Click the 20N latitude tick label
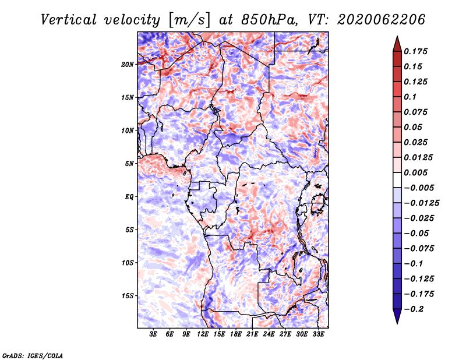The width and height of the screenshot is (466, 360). [x=128, y=65]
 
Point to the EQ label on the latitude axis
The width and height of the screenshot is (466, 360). [x=129, y=197]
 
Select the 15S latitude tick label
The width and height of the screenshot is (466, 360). [x=128, y=296]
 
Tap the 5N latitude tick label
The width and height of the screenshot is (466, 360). [x=129, y=164]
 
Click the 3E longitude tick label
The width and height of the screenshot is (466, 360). [x=153, y=334]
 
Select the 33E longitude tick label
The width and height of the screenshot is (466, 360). [x=318, y=334]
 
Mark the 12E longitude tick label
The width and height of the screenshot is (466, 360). [x=202, y=334]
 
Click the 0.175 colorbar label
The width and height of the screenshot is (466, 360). [x=415, y=51]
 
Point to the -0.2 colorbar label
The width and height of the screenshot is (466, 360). [x=414, y=309]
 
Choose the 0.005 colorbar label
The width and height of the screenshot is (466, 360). [x=415, y=172]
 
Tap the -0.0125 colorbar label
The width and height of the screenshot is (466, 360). [x=421, y=203]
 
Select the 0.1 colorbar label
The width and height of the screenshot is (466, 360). [x=410, y=97]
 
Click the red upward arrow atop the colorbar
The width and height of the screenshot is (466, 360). [x=397, y=44]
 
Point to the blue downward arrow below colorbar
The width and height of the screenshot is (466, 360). [x=397, y=316]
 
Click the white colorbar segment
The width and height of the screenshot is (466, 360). [x=397, y=180]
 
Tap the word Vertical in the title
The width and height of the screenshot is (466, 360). [x=69, y=20]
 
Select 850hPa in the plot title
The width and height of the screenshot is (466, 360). [x=269, y=20]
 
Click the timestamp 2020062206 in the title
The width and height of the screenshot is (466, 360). [x=381, y=20]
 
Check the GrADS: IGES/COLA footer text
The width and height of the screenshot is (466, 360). [x=33, y=355]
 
